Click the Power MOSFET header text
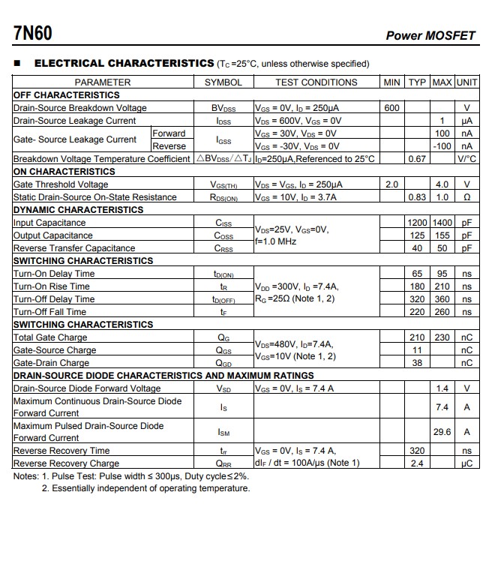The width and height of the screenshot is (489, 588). [430, 35]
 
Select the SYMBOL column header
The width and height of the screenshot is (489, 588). [223, 82]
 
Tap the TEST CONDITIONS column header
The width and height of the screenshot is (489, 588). [316, 82]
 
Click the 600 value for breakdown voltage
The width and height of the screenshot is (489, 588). [391, 108]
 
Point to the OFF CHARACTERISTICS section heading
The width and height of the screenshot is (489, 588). [66, 95]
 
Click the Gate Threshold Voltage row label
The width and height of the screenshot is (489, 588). [61, 184]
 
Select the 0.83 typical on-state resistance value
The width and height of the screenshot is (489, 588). [417, 197]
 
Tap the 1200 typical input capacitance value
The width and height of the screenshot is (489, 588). [417, 223]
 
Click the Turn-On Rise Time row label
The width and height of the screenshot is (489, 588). [51, 286]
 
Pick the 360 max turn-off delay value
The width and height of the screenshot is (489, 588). [442, 299]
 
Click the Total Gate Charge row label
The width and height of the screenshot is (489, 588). [50, 337]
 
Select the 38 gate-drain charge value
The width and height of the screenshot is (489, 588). [417, 363]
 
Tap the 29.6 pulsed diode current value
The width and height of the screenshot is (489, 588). [442, 432]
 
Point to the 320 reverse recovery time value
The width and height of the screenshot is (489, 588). [417, 451]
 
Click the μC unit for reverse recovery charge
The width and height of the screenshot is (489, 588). [466, 463]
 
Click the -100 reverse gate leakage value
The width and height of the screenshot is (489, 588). [442, 146]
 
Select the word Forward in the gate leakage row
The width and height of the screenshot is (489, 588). [169, 133]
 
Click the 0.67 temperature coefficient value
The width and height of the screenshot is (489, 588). [417, 159]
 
